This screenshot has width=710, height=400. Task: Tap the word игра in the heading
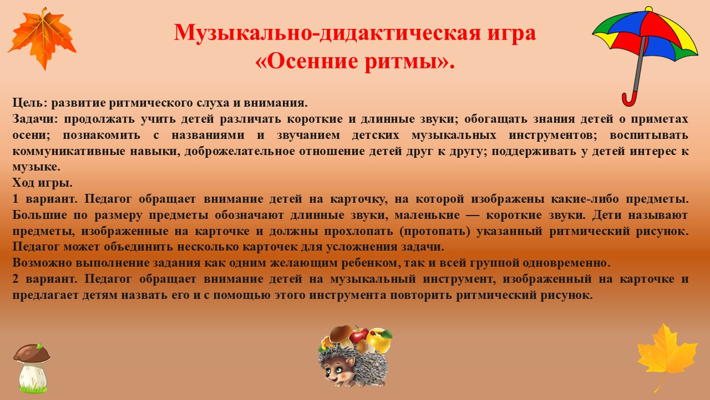507,33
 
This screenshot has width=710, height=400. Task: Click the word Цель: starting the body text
30,103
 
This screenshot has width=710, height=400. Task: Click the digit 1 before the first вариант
16,199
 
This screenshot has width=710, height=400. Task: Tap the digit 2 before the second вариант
16,279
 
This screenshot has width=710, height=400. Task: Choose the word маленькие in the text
427,215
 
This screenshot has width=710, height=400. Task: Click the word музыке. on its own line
36,167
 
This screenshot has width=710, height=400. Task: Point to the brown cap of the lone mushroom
32,353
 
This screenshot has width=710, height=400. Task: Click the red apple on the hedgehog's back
359,336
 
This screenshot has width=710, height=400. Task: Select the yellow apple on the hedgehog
379,341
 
